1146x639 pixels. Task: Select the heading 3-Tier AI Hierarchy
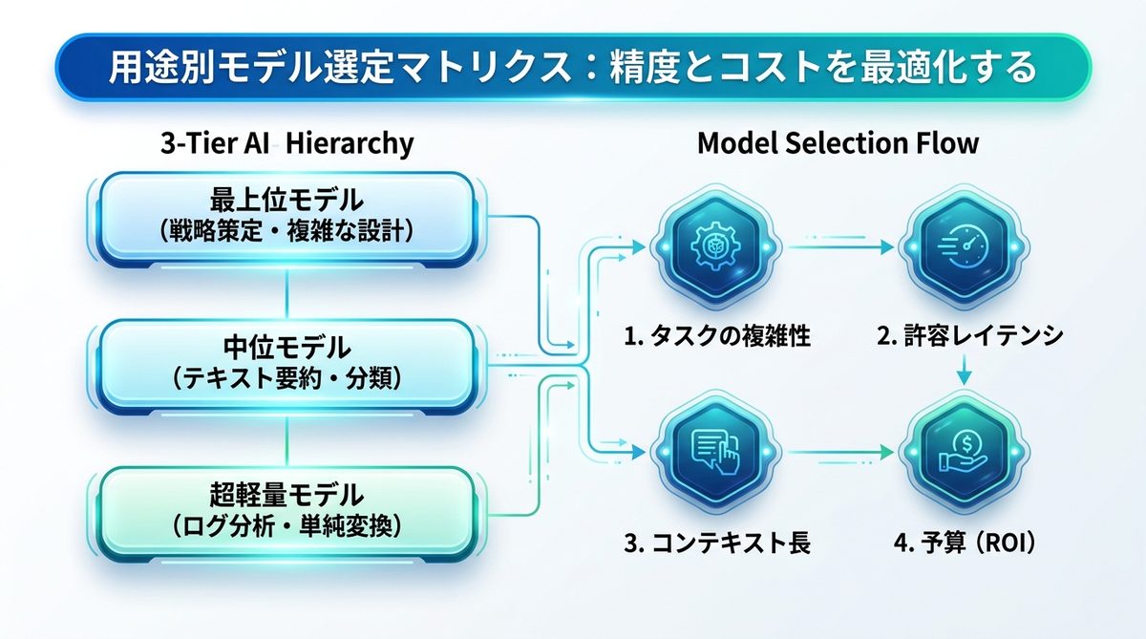tap(286, 143)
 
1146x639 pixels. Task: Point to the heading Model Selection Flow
tap(838, 143)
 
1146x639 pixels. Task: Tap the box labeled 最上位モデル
tap(286, 215)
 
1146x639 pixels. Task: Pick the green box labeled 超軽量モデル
tap(286, 509)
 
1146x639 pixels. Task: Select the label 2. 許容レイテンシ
tap(967, 336)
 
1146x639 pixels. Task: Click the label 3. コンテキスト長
tap(717, 543)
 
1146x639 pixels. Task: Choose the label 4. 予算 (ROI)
tap(966, 543)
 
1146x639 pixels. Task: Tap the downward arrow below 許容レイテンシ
tap(964, 371)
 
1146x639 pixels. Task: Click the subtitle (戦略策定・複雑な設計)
tap(286, 230)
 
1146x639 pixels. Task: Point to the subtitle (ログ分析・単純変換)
tap(286, 524)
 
